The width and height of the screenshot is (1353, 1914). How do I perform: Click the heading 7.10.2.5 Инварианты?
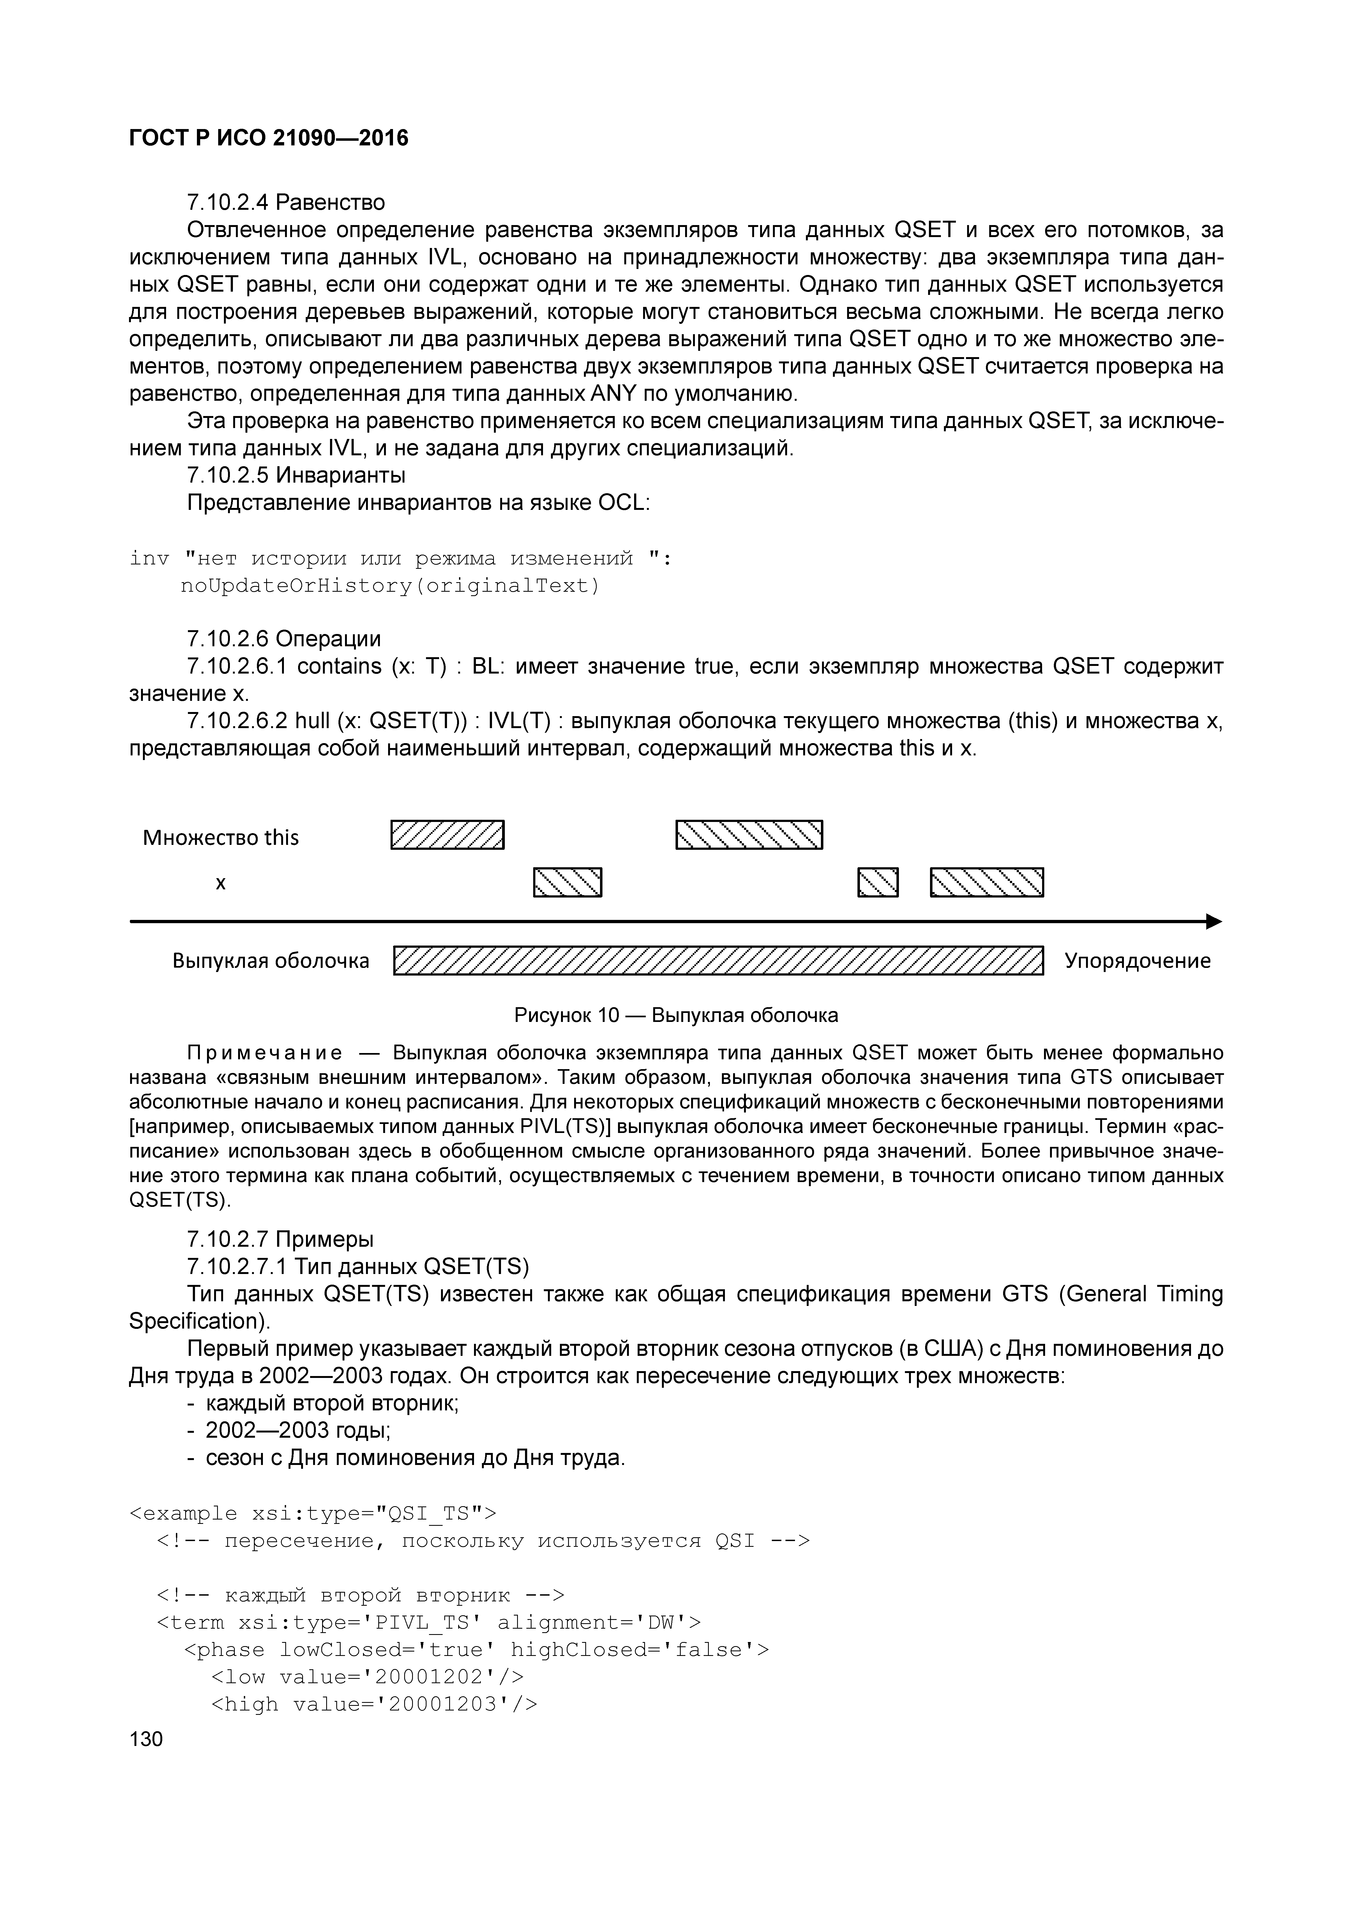[x=296, y=475]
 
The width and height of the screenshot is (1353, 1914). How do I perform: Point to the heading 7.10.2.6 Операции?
[x=283, y=639]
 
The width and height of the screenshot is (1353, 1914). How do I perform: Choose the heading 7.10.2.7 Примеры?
[x=280, y=1239]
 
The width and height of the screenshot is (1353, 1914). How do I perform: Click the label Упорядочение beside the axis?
[x=1137, y=960]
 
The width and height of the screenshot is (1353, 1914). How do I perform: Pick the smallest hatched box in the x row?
[x=878, y=882]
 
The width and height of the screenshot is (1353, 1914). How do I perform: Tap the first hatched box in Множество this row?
[x=448, y=835]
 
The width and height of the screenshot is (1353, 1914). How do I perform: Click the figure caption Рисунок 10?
[x=676, y=1015]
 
